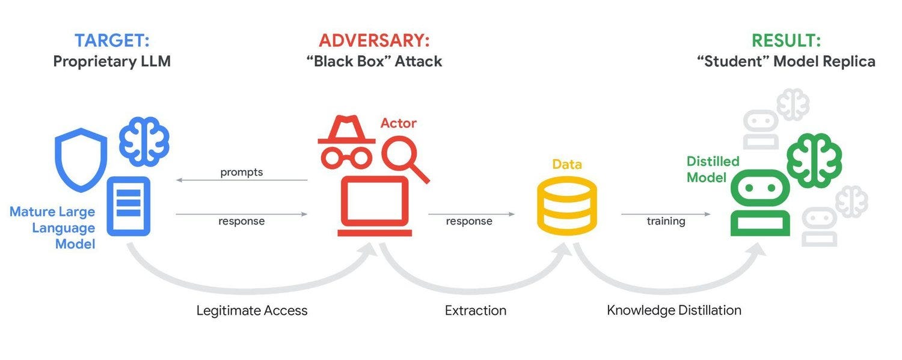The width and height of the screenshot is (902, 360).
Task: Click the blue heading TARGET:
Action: [112, 41]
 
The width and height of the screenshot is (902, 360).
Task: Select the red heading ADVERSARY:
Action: [374, 41]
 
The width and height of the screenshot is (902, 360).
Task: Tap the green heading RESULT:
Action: [786, 41]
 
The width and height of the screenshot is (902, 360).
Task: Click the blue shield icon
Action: [81, 157]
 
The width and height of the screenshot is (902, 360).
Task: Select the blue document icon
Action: [128, 206]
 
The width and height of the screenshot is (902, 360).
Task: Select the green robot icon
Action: [760, 203]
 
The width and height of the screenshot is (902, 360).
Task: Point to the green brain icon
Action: [814, 159]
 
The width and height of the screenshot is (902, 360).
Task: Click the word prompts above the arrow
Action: [242, 172]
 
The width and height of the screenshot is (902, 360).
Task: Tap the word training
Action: [666, 221]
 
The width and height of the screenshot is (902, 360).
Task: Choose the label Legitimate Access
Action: [252, 311]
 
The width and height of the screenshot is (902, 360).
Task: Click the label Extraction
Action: [476, 311]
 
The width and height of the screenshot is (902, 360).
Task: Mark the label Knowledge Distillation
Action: [674, 311]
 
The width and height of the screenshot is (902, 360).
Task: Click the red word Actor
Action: [398, 123]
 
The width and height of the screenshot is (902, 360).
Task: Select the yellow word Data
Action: [567, 164]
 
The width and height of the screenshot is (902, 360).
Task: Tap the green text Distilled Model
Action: [713, 169]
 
